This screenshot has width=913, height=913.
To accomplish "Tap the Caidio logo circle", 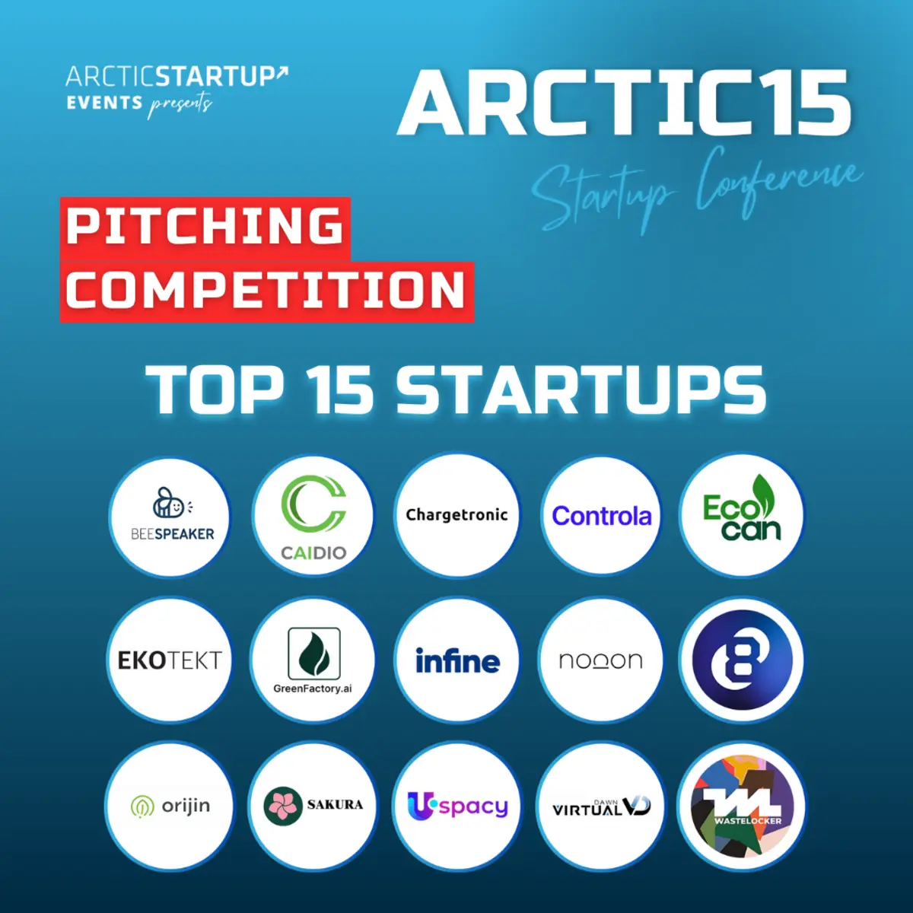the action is (313, 516).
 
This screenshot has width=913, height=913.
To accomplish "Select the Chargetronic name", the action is (456, 515).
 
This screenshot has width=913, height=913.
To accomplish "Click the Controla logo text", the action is (602, 516).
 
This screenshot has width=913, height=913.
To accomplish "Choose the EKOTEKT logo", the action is (170, 660).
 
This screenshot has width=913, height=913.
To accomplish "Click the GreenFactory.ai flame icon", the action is (314, 654).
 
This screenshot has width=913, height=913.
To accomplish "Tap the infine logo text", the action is (458, 660).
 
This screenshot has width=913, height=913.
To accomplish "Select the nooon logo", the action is (601, 660).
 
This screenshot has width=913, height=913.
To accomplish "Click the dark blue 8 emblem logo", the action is (742, 660).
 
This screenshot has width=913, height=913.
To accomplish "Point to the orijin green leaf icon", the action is (142, 806).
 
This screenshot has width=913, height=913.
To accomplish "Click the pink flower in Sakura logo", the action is (283, 806).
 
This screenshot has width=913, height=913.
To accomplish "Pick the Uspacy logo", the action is (458, 806).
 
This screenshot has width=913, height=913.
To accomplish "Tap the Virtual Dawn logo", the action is (601, 807).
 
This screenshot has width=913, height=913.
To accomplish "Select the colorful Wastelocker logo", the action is (742, 806).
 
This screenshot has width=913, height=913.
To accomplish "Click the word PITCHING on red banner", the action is (205, 226).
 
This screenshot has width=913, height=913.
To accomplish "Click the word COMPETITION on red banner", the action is (266, 290).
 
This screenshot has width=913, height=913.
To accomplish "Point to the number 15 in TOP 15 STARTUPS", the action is (339, 390).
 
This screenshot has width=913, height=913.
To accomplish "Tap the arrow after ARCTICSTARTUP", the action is (282, 72).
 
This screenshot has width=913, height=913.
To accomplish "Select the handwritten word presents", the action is (180, 105).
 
